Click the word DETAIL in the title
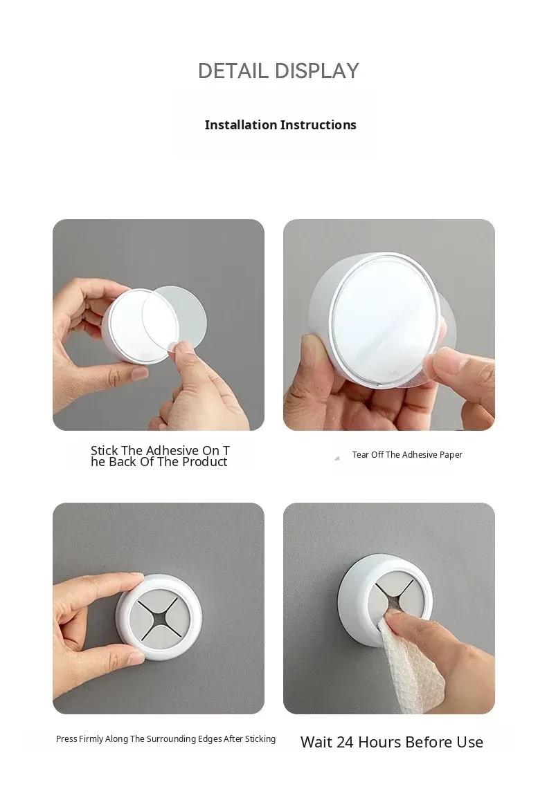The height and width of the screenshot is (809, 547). click(233, 71)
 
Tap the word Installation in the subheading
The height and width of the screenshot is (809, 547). click(241, 125)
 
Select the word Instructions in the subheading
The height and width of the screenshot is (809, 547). click(319, 125)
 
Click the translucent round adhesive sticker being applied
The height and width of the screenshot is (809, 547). click(174, 319)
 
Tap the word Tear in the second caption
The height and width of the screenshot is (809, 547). click(360, 454)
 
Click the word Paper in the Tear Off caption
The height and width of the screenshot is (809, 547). click(451, 455)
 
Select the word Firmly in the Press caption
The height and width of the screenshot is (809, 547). click(91, 739)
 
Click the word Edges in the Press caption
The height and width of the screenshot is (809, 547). click(210, 739)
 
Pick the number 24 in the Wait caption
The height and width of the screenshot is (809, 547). click(345, 742)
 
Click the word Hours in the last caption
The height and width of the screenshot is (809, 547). click(379, 742)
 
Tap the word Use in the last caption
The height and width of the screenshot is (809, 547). click(469, 742)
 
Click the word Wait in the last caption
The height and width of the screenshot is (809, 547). click(316, 742)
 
